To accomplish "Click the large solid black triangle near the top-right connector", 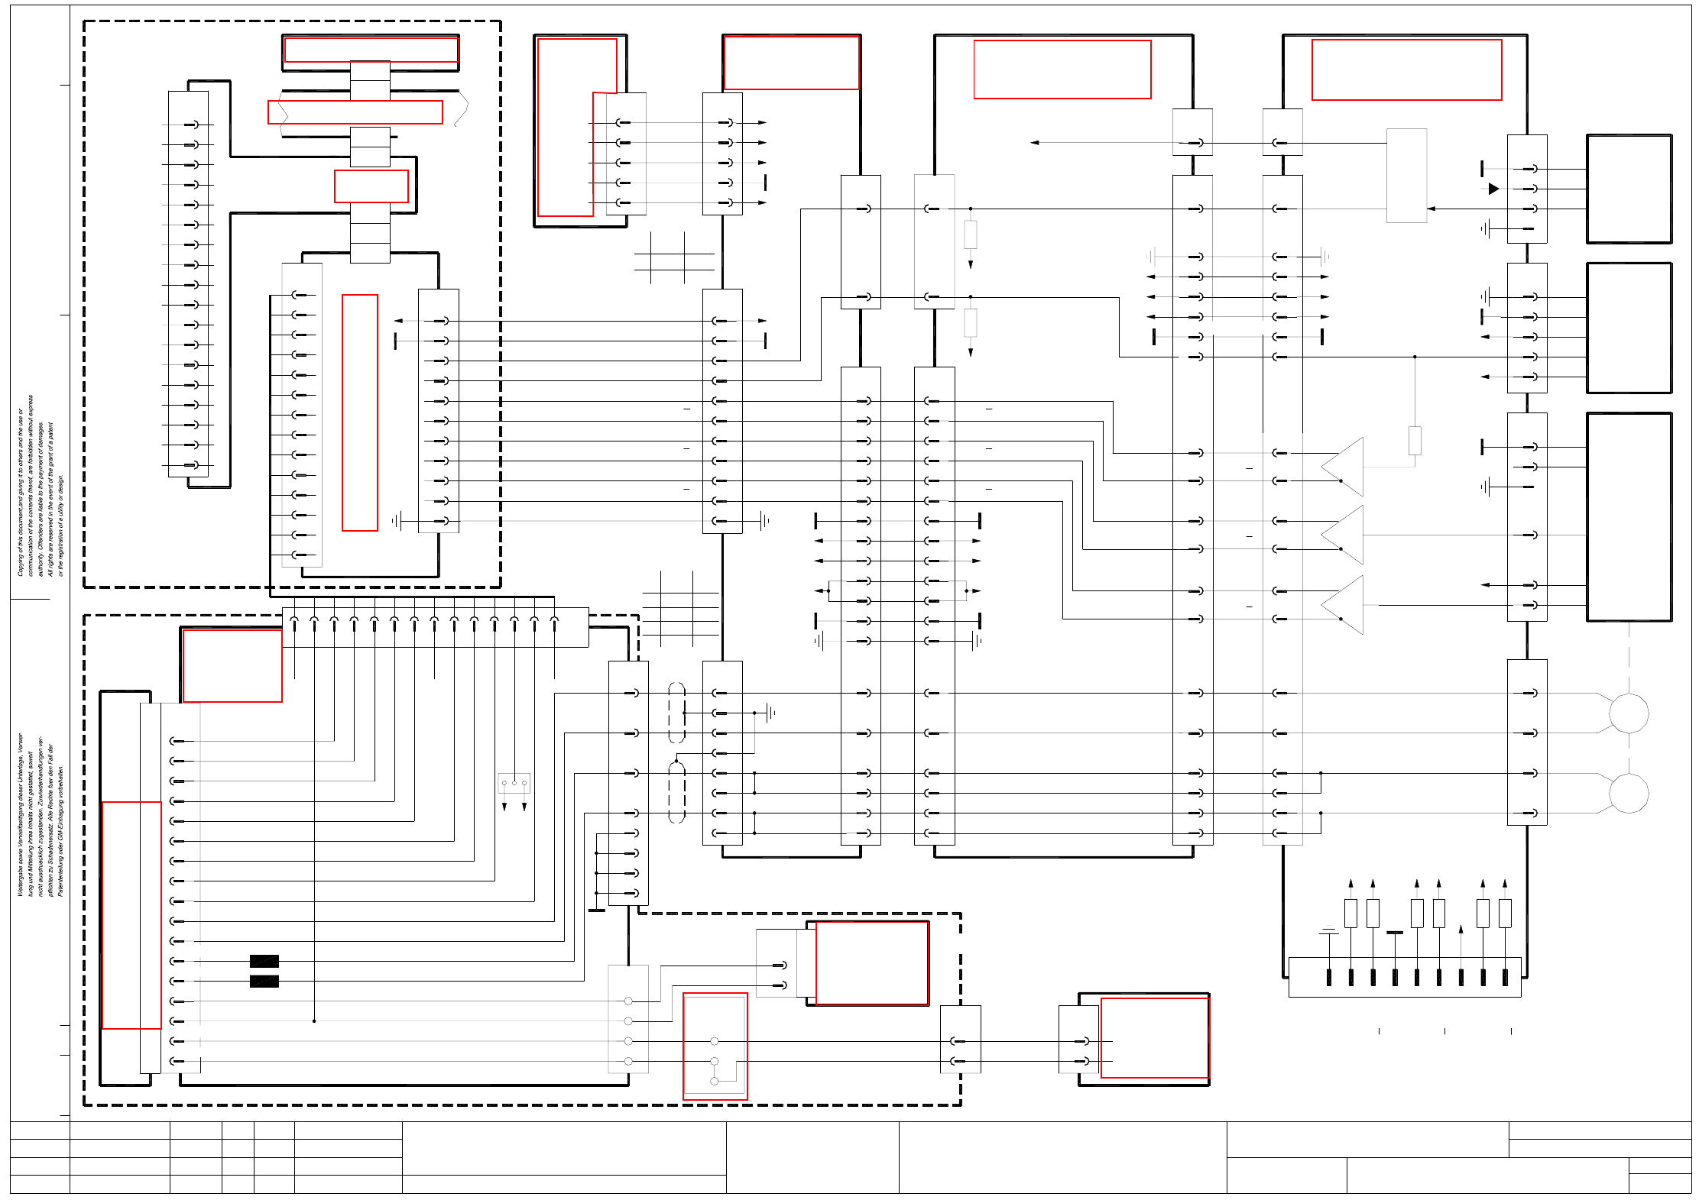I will point(1493,189).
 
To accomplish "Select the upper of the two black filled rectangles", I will point(264,961).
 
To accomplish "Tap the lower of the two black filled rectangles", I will point(264,982).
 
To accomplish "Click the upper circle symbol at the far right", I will point(1629,713).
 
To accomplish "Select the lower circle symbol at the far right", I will point(1629,793).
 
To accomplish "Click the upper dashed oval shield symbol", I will point(676,713).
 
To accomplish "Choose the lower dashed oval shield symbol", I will point(676,792).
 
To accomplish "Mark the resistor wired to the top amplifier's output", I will point(1415,441).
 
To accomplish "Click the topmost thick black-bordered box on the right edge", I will point(1629,189).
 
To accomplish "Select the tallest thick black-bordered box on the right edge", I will point(1629,517).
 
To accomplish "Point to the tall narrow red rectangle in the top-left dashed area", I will point(360,412).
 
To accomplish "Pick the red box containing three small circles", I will point(715,1046).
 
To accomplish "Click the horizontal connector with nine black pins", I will point(1405,977).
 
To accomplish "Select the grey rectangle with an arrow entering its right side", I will point(1406,176).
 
